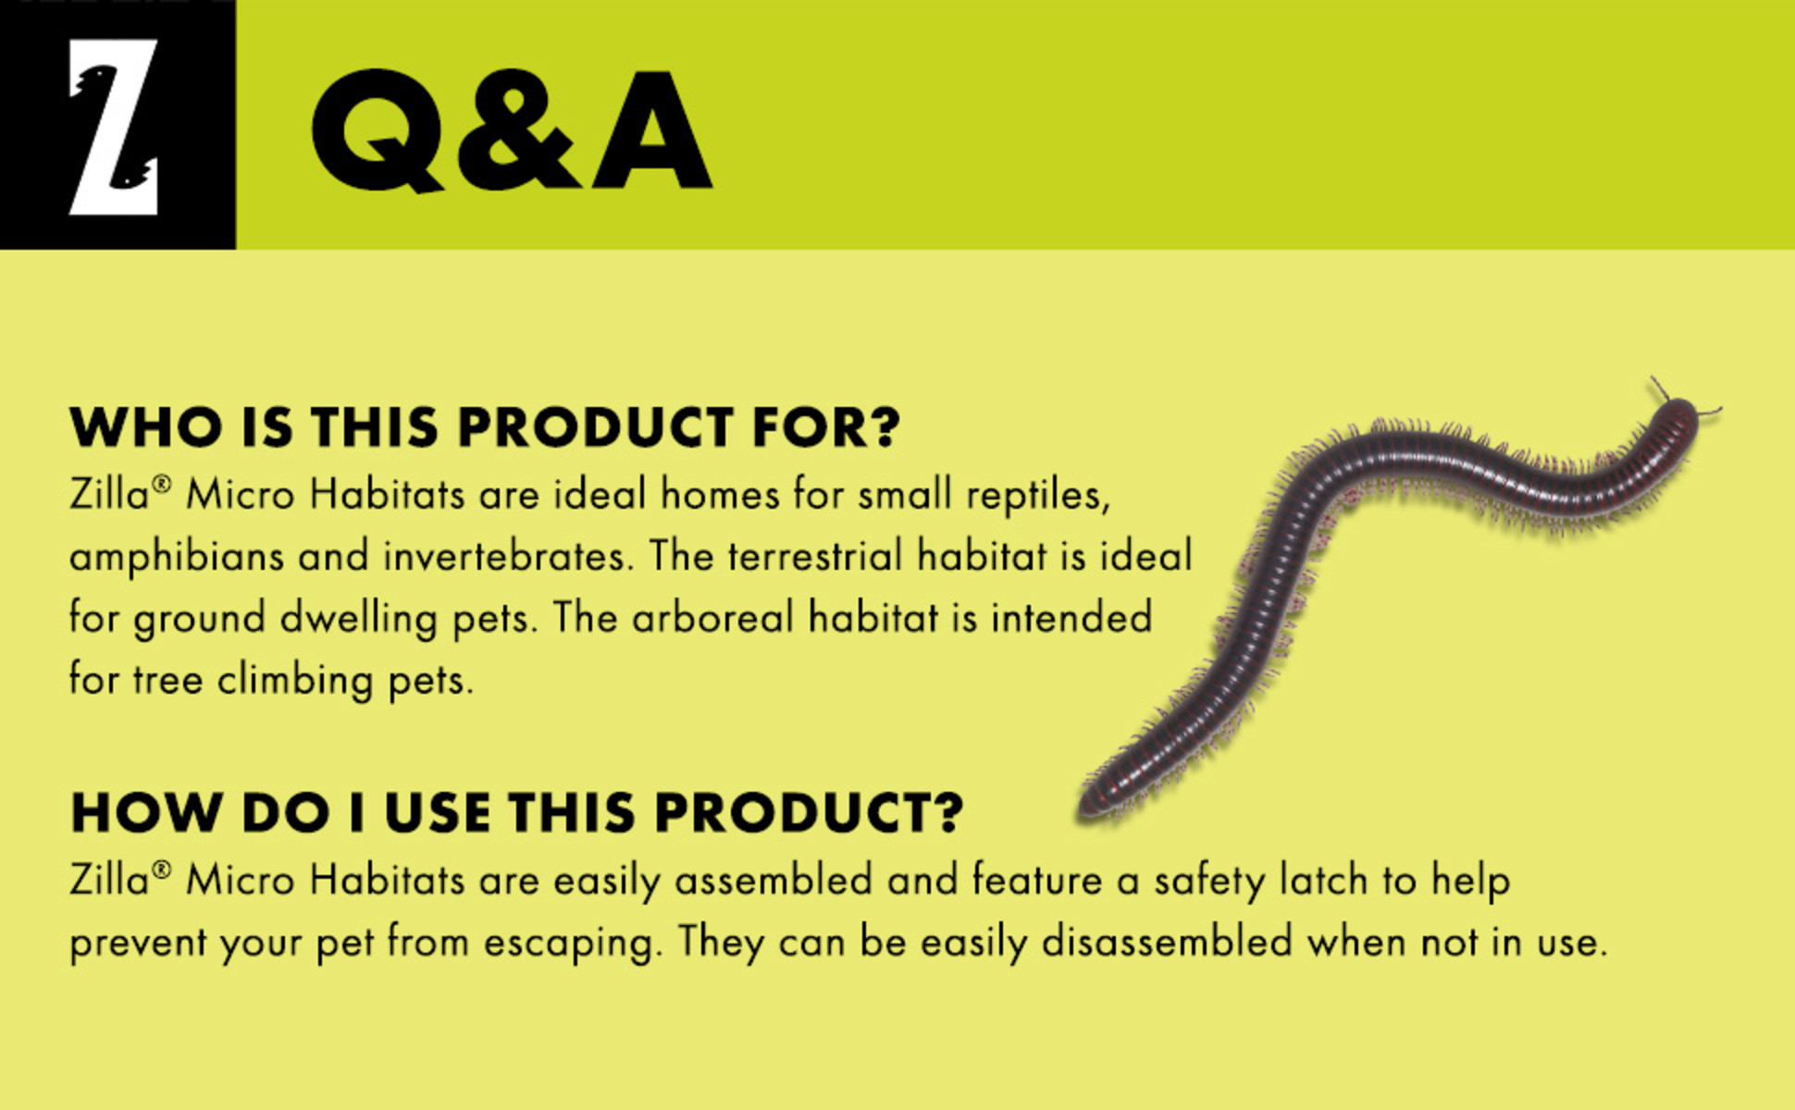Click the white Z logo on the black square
(114, 127)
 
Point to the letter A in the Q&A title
(651, 130)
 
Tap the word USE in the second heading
(438, 813)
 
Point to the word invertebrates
(509, 557)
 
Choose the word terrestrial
(814, 557)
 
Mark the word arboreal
(712, 618)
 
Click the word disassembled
(1167, 943)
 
